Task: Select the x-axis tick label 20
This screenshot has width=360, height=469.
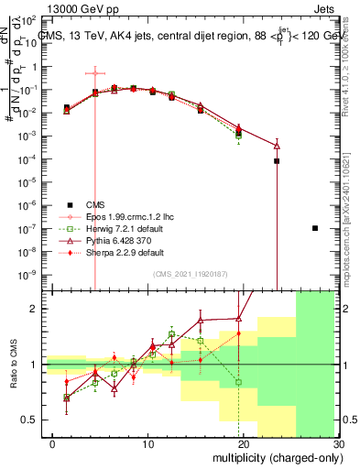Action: tap(243, 443)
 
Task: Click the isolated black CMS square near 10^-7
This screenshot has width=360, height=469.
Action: tap(315, 228)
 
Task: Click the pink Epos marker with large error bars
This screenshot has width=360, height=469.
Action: tap(95, 72)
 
